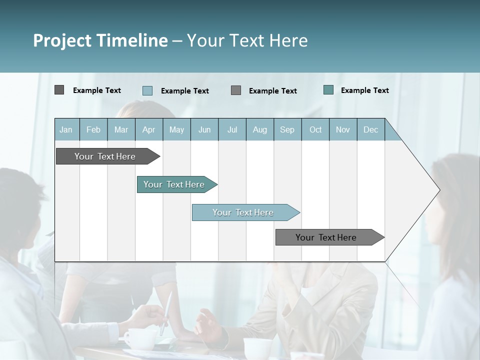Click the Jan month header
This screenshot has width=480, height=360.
(x=66, y=129)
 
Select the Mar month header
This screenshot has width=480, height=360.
(x=121, y=129)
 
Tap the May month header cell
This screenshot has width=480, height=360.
(x=176, y=129)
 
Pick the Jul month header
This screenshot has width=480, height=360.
(x=232, y=129)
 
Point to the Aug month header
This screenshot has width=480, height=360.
(x=259, y=129)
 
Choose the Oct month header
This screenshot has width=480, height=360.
(x=315, y=129)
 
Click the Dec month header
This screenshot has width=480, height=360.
(x=370, y=129)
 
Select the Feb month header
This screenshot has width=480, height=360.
(x=93, y=129)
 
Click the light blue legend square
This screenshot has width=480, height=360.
(x=147, y=90)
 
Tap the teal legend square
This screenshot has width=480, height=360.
(x=328, y=90)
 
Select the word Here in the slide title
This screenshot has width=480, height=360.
(x=288, y=40)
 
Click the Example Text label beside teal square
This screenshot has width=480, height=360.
(x=364, y=90)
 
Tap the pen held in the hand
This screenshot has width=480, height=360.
(x=166, y=312)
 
